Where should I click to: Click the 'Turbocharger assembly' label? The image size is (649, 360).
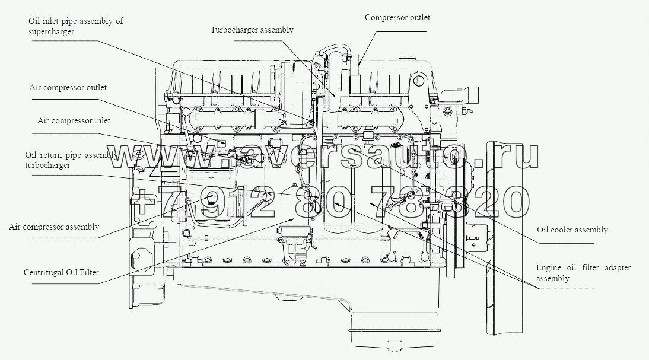tap(252, 30)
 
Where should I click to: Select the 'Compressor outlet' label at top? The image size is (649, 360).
tap(397, 17)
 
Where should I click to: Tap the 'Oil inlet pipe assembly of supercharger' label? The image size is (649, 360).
tap(75, 27)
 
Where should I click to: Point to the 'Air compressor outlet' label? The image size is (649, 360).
tap(68, 87)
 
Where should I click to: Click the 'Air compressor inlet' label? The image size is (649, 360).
tap(74, 120)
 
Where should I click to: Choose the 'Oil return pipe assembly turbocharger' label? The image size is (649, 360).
tap(71, 160)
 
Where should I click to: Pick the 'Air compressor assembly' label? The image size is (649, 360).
tap(54, 227)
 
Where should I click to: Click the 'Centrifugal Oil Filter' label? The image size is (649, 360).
tap(61, 273)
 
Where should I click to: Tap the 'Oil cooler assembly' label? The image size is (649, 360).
tap(572, 230)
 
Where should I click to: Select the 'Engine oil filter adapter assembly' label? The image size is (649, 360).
tap(583, 273)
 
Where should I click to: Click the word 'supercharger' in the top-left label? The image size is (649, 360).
tap(51, 32)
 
